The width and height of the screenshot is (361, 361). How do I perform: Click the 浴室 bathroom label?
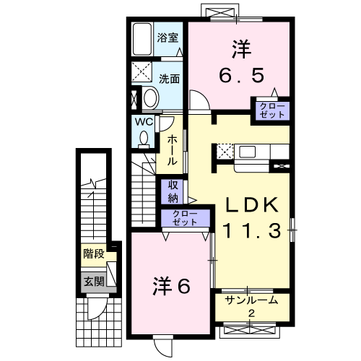[x=168, y=38]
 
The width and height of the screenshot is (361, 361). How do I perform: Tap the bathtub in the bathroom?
[x=142, y=39]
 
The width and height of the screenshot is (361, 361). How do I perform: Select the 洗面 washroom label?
[x=169, y=79]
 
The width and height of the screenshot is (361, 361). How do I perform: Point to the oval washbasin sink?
[x=151, y=98]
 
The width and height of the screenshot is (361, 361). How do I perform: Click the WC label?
[x=144, y=122]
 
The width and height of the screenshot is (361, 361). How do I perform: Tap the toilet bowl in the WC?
[x=144, y=139]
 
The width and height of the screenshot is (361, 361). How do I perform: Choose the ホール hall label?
[x=172, y=149]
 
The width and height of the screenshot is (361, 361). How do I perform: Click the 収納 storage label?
[x=173, y=191]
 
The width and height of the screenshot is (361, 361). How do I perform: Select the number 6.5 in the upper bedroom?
[x=241, y=75]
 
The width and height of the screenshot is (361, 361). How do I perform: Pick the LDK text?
[x=251, y=205]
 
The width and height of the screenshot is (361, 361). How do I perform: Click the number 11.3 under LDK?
[x=252, y=230]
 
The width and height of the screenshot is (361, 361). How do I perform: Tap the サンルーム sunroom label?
[x=251, y=300]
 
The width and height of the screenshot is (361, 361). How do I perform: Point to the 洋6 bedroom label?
[x=172, y=286]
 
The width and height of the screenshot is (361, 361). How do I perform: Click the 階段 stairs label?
[x=94, y=253]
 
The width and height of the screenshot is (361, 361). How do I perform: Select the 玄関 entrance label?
[x=94, y=281]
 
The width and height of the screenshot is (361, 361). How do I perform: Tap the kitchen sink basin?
[x=247, y=152]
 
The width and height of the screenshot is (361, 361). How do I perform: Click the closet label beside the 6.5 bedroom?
[x=272, y=110]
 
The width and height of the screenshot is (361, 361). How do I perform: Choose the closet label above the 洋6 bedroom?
[x=185, y=218]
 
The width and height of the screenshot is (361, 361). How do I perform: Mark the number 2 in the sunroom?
[x=251, y=313]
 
